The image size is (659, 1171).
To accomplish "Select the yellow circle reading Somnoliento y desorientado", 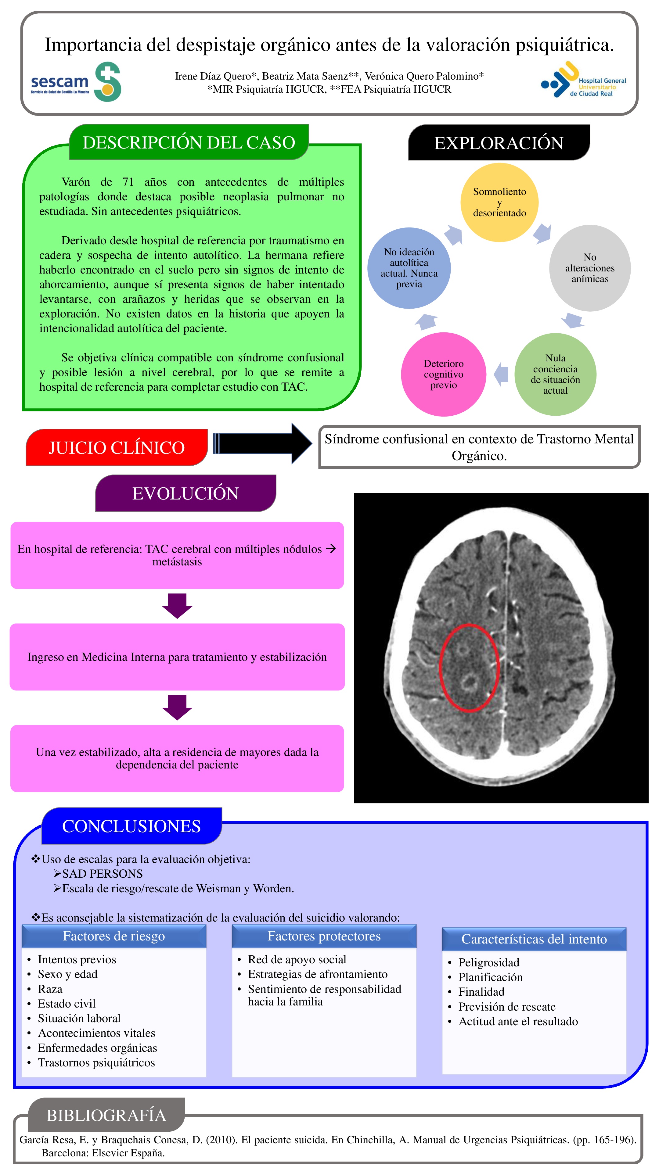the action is point(499,202).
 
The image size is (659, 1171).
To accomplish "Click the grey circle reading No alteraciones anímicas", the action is point(589,268).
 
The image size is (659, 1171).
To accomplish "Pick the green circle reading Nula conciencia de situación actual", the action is point(555,374).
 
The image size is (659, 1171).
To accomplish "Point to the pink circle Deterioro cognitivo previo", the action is point(443,374).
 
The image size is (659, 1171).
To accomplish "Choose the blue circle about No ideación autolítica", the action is point(409,268).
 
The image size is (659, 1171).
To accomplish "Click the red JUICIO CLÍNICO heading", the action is point(117,447).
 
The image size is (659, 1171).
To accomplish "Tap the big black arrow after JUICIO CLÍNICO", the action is point(262,443).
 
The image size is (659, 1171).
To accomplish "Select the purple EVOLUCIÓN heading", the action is point(185,493).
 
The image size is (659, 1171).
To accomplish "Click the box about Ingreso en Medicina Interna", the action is point(177,657).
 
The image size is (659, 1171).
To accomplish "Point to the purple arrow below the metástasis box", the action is point(177,606).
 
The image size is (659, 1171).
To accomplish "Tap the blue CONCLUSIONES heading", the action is point(131,826).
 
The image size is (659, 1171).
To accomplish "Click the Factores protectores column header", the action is point(324,936).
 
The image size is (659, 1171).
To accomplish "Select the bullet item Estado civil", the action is point(67,1003).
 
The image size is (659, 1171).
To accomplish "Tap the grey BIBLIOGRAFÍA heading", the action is point(106,1115).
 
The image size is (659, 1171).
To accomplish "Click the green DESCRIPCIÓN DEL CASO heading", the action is point(189,142).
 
